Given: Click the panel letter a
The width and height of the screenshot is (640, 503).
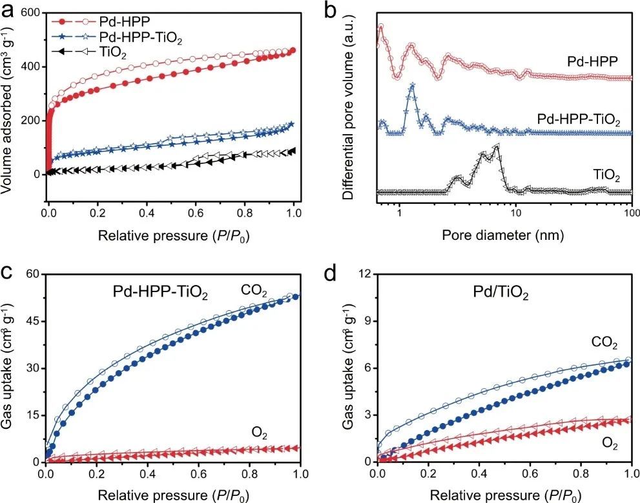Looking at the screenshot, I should tap(8, 8).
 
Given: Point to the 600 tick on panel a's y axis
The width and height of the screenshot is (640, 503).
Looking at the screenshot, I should tap(30, 13).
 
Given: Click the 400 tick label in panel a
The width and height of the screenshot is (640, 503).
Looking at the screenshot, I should tap(30, 67).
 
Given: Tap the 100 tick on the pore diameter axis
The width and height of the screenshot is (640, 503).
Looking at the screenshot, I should tap(630, 213).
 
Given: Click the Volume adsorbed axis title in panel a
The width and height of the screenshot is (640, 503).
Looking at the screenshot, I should tap(9, 106).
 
